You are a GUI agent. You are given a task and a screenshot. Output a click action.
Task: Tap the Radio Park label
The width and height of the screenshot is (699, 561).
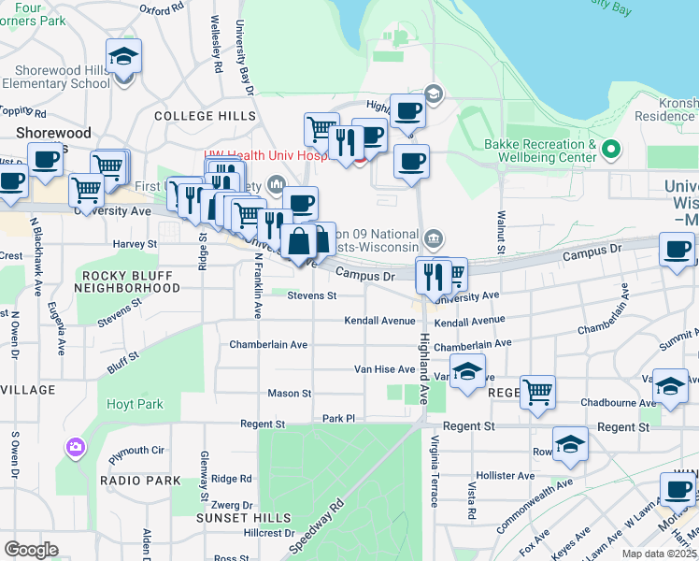click(141, 480)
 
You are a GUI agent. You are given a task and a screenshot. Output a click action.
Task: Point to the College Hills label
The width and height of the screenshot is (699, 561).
click(205, 116)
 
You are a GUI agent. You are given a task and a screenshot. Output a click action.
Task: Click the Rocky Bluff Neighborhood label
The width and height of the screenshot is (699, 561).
click(130, 281)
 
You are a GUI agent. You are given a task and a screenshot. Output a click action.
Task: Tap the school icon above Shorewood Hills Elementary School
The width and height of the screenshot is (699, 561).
click(124, 58)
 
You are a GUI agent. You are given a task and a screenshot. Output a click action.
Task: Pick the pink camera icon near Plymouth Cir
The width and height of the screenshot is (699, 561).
click(74, 448)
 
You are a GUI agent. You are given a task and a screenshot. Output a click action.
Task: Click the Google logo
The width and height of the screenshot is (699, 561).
click(32, 550)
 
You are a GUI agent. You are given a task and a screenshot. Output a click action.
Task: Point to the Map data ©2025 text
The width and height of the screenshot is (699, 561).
click(660, 554)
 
